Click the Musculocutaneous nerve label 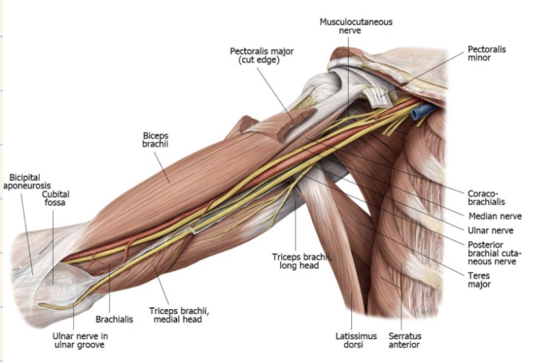point(355,26)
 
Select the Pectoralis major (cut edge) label point(255,55)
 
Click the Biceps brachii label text point(155,139)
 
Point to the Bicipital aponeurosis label point(26,181)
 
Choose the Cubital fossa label point(55,198)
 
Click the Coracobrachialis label point(487,197)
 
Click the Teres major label point(479,280)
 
